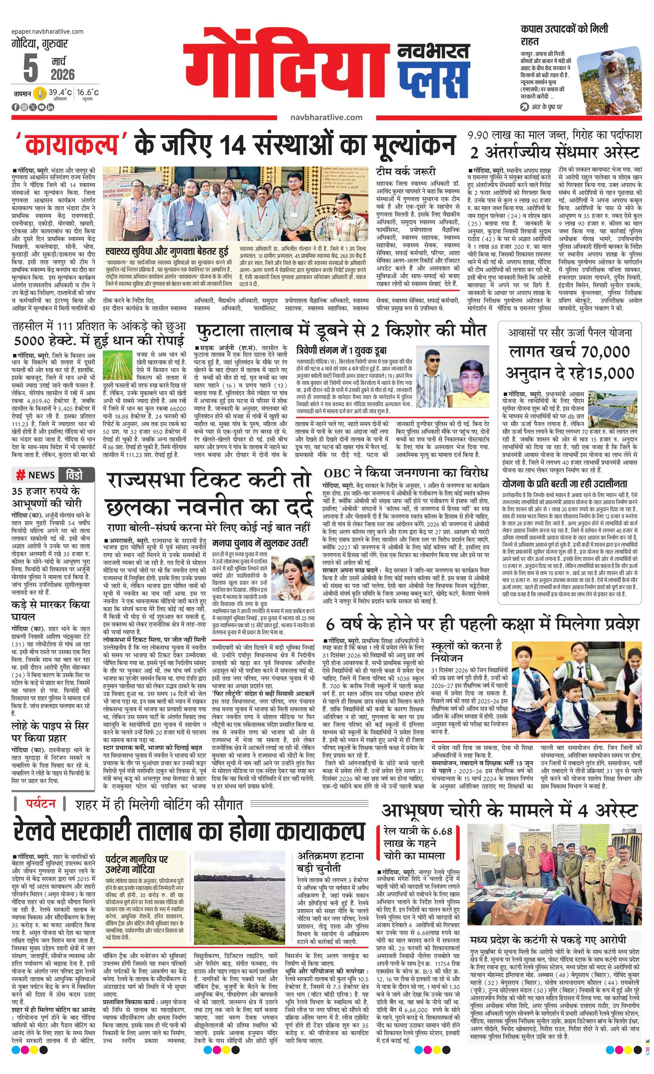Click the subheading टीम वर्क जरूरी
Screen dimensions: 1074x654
click(406, 172)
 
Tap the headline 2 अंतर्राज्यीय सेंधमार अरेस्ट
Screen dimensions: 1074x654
click(554, 153)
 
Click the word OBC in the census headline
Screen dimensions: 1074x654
click(336, 473)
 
